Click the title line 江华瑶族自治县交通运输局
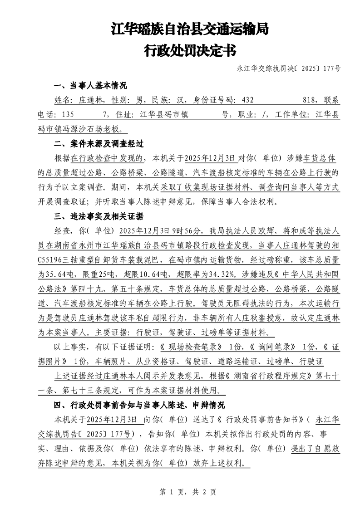tap(190, 30)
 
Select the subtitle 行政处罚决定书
tap(190, 50)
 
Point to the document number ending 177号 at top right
tap(289, 69)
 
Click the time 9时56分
tap(186, 230)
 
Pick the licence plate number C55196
tap(54, 259)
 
